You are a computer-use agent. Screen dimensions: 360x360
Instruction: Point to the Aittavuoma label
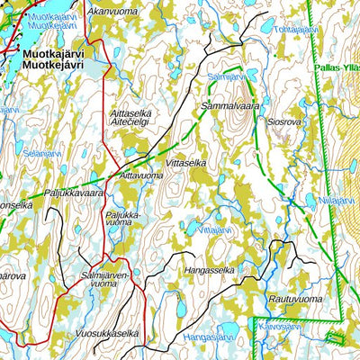(x=141, y=176)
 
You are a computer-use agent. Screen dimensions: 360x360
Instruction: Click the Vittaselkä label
(x=187, y=163)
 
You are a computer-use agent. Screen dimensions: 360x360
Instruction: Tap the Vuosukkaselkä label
(x=108, y=333)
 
